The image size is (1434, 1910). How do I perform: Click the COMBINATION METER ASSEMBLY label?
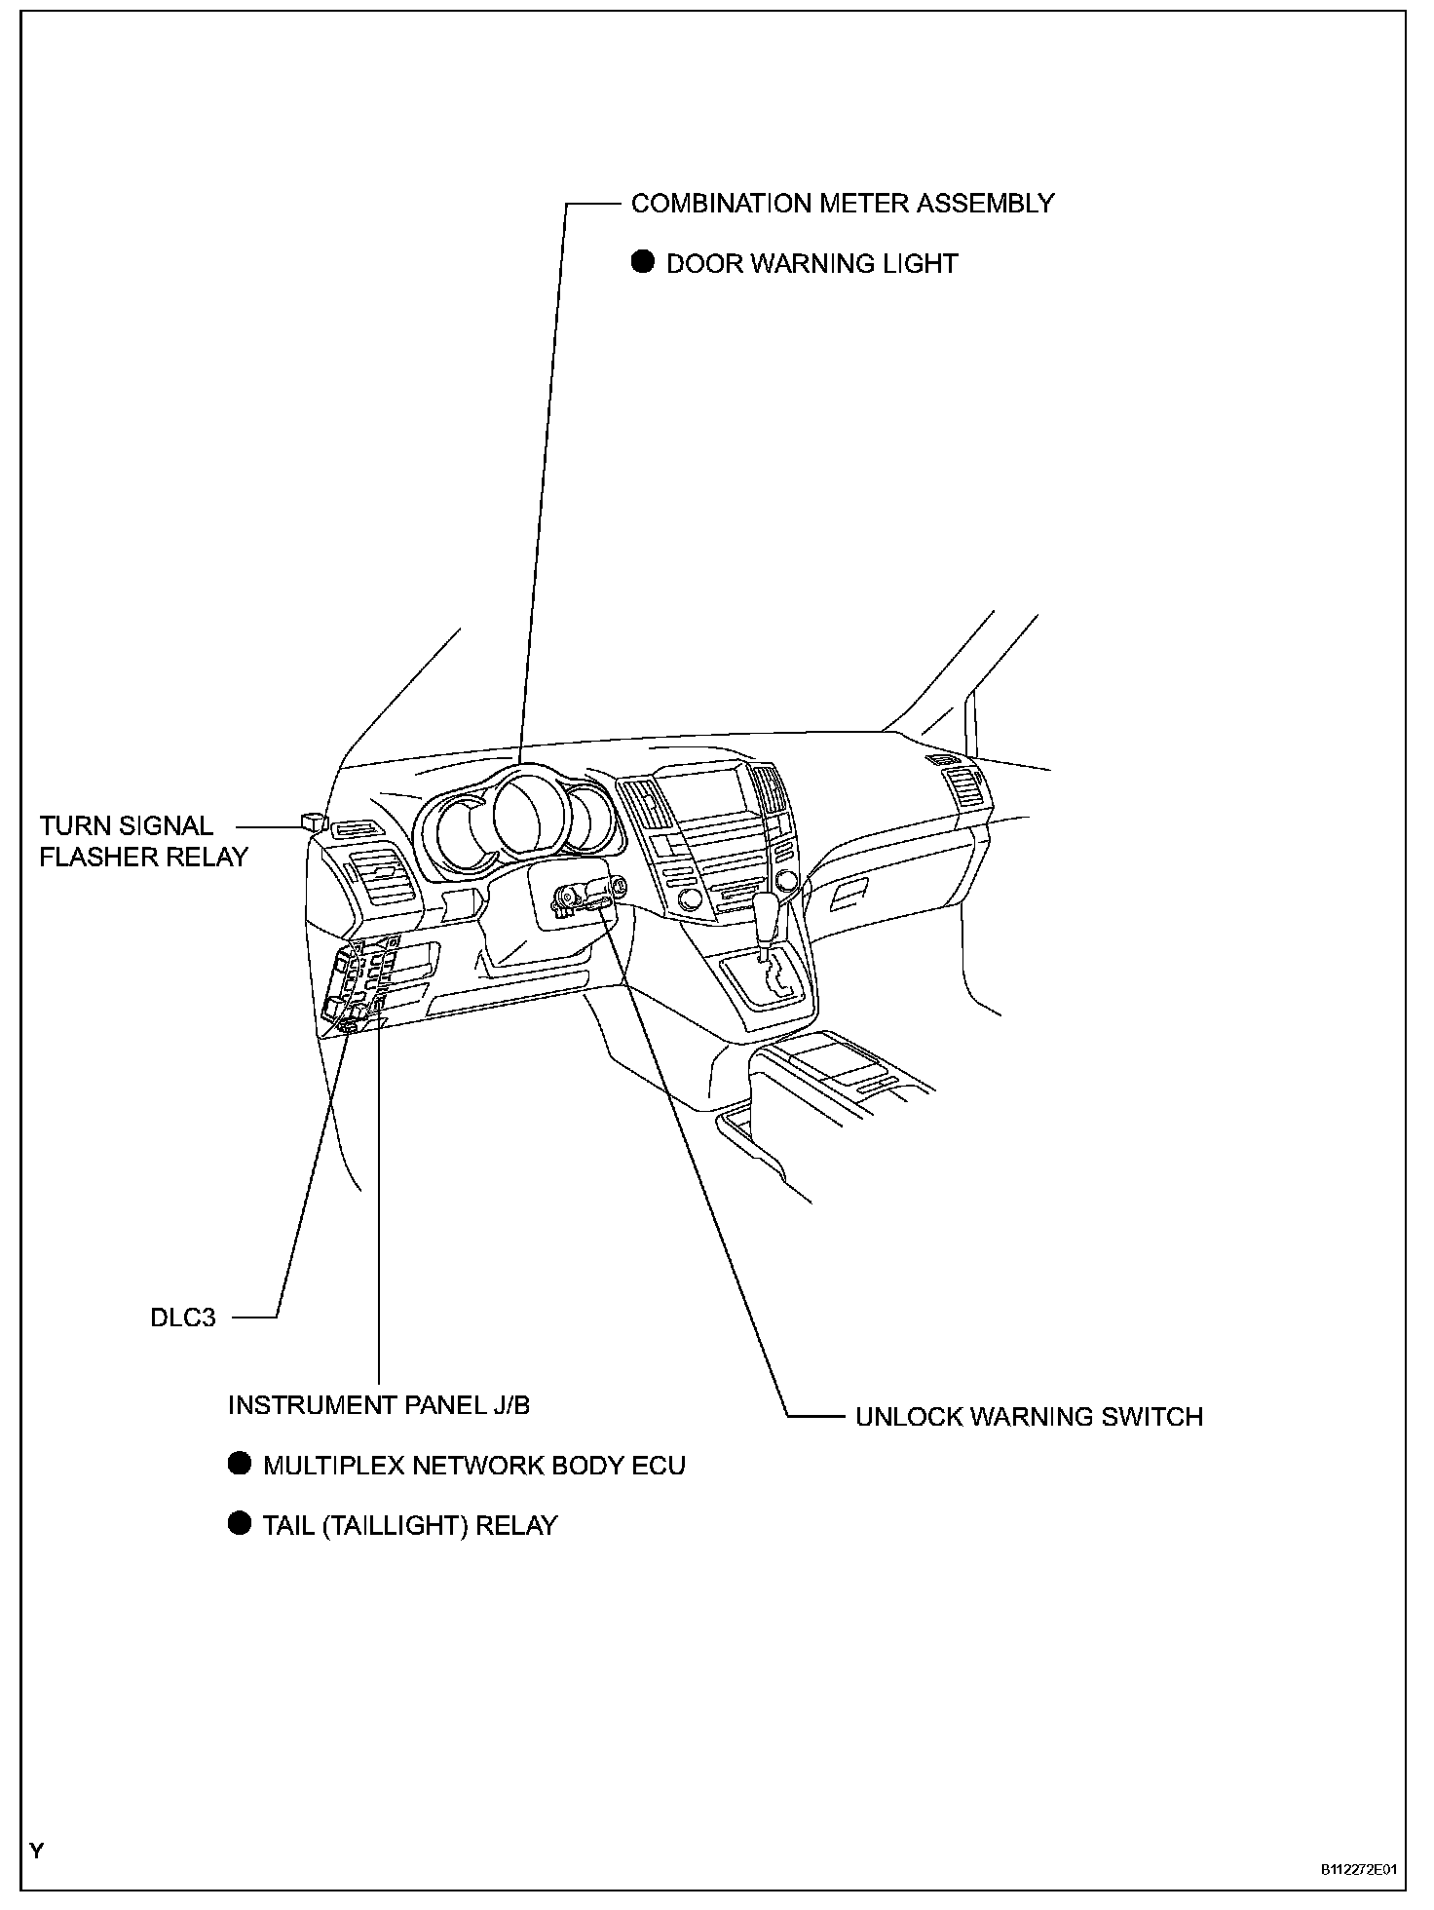pyautogui.click(x=843, y=204)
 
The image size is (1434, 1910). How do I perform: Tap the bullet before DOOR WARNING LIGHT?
pyautogui.click(x=642, y=262)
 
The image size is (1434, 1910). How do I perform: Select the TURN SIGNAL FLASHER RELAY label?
pyautogui.click(x=143, y=841)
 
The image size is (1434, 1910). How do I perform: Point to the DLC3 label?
pyautogui.click(x=183, y=1318)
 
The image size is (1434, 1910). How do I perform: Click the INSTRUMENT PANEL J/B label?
pyautogui.click(x=379, y=1404)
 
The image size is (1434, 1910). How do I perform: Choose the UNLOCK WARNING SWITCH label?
pyautogui.click(x=1029, y=1416)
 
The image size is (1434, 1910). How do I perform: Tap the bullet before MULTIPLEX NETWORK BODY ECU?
pyautogui.click(x=239, y=1464)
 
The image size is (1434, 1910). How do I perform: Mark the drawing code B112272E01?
pyautogui.click(x=1358, y=1870)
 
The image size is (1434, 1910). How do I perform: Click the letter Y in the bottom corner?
pyautogui.click(x=36, y=1851)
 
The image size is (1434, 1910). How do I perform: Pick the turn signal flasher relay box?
pyautogui.click(x=313, y=820)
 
